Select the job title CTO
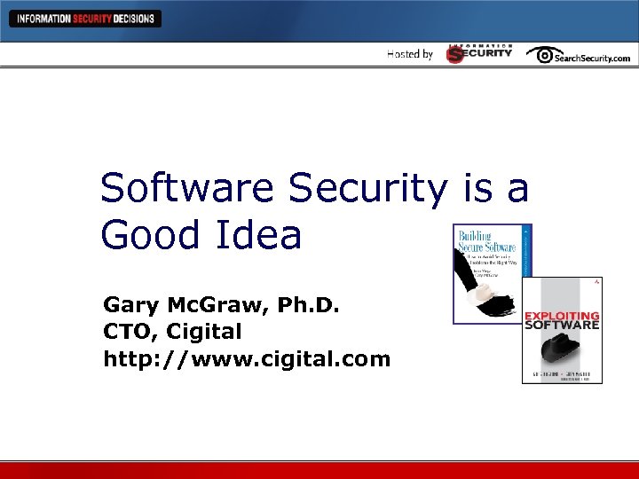(128, 333)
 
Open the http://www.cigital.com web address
(247, 359)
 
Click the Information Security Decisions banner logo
(85, 19)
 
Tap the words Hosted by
(410, 54)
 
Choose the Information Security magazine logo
(479, 53)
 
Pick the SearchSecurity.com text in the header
(593, 58)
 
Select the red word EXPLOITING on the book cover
(562, 316)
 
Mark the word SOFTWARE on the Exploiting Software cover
(562, 326)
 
